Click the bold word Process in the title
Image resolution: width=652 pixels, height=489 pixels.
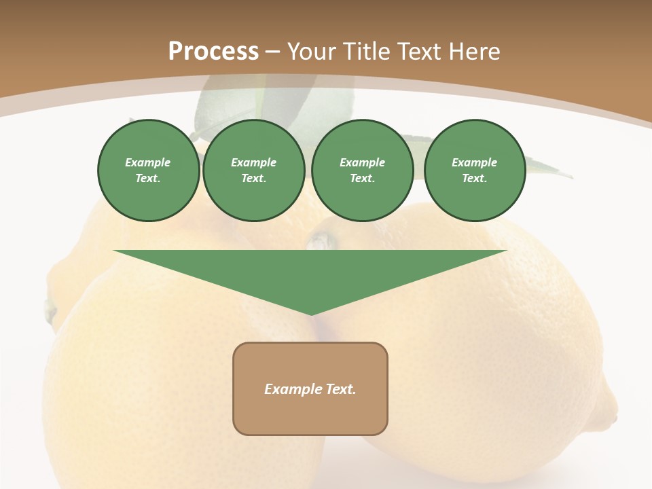[213, 52]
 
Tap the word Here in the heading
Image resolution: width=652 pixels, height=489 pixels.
[473, 52]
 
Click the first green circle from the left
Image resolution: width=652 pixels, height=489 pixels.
[149, 170]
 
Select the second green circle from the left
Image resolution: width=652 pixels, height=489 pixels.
[254, 170]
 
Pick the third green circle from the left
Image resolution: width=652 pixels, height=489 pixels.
[363, 170]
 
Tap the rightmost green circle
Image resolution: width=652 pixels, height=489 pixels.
[475, 170]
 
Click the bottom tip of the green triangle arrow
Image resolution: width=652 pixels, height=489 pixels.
[311, 314]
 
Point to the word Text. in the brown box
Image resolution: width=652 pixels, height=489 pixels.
[340, 389]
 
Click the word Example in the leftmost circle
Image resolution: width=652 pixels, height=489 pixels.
[148, 162]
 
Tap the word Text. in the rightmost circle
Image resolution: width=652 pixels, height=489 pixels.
[475, 179]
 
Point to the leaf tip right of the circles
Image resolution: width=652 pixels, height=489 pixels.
[569, 177]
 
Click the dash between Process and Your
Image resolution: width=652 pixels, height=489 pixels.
[272, 52]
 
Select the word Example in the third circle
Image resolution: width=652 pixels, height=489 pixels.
[363, 162]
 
